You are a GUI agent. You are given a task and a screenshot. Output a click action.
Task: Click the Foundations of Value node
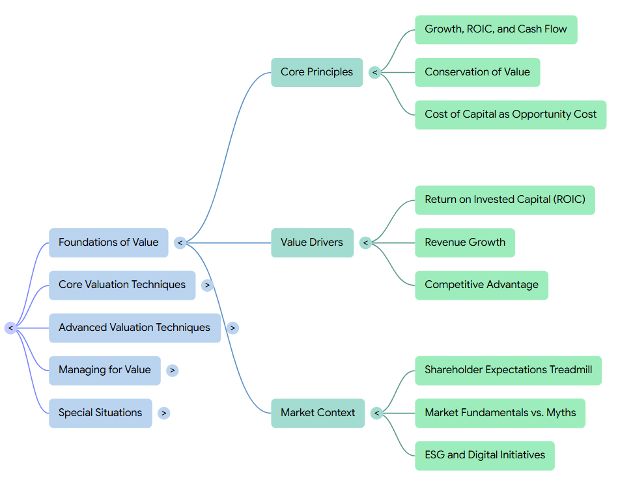click(x=108, y=242)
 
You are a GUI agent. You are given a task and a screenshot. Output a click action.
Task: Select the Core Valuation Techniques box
click(x=122, y=285)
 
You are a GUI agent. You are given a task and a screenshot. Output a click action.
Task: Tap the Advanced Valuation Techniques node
click(x=135, y=328)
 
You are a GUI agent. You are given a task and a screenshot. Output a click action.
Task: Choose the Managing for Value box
click(x=105, y=371)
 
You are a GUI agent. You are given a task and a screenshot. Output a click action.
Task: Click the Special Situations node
click(x=100, y=413)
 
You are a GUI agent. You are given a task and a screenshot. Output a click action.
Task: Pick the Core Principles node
click(x=317, y=72)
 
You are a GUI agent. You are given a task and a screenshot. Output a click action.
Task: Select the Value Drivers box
click(x=312, y=242)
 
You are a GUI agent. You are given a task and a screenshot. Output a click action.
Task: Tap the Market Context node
click(x=318, y=413)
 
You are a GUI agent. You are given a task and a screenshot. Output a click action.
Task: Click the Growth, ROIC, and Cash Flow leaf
click(x=496, y=29)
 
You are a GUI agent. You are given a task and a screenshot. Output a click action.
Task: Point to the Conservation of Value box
click(x=477, y=72)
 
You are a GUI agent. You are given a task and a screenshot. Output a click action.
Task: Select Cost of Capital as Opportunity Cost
click(x=511, y=115)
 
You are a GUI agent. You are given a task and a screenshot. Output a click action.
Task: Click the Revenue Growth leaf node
click(x=465, y=242)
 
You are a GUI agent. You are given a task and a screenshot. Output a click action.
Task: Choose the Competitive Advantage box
click(x=482, y=285)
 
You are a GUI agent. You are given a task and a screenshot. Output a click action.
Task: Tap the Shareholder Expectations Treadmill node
click(x=509, y=371)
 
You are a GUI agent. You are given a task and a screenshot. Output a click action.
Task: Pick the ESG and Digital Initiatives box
click(x=485, y=456)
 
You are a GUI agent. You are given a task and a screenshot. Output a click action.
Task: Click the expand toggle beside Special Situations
click(x=164, y=413)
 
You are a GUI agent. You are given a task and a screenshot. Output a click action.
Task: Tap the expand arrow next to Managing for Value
click(x=172, y=371)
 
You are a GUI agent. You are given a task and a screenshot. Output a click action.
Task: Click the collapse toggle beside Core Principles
click(x=375, y=72)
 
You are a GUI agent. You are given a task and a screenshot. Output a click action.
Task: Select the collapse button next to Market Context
click(x=377, y=413)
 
